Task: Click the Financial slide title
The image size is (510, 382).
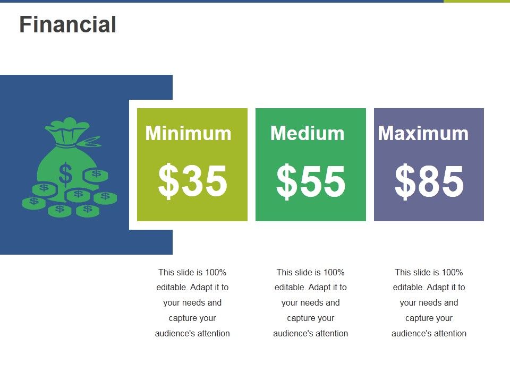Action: (67, 25)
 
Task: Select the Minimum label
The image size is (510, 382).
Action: (188, 133)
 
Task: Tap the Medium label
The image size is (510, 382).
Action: (307, 133)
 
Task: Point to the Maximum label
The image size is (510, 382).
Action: (423, 133)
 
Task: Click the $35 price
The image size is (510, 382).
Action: (192, 181)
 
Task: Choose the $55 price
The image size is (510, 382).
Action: (311, 181)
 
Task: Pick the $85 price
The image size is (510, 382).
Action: (429, 181)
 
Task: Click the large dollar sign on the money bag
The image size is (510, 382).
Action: (65, 173)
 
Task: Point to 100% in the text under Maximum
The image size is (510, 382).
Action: (452, 273)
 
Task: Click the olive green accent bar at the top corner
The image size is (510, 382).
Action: (477, 2)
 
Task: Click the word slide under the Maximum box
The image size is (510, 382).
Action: (422, 273)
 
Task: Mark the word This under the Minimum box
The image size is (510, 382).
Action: (167, 273)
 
